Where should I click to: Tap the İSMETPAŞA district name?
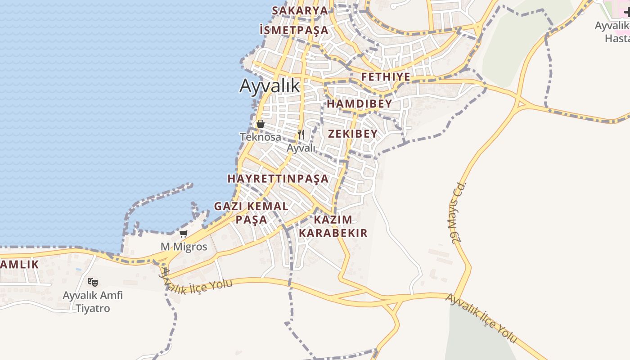pyautogui.click(x=294, y=30)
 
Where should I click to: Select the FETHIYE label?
pyautogui.click(x=386, y=77)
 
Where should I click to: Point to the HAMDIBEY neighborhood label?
pyautogui.click(x=359, y=104)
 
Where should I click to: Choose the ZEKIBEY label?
pyautogui.click(x=352, y=134)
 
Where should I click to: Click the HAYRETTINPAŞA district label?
pyautogui.click(x=278, y=179)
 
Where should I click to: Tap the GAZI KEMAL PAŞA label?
pyautogui.click(x=251, y=213)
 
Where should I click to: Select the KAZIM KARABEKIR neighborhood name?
pyautogui.click(x=333, y=226)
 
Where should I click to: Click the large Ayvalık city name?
pyautogui.click(x=270, y=85)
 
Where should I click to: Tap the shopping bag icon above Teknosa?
pyautogui.click(x=260, y=123)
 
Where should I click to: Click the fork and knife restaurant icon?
pyautogui.click(x=301, y=134)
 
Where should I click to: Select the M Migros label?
pyautogui.click(x=184, y=247)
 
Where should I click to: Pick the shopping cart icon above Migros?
pyautogui.click(x=183, y=234)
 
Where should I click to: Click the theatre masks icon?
pyautogui.click(x=93, y=282)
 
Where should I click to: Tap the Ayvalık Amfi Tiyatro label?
pyautogui.click(x=93, y=302)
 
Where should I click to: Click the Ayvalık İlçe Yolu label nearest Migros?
pyautogui.click(x=198, y=284)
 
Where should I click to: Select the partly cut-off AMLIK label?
pyautogui.click(x=19, y=265)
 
